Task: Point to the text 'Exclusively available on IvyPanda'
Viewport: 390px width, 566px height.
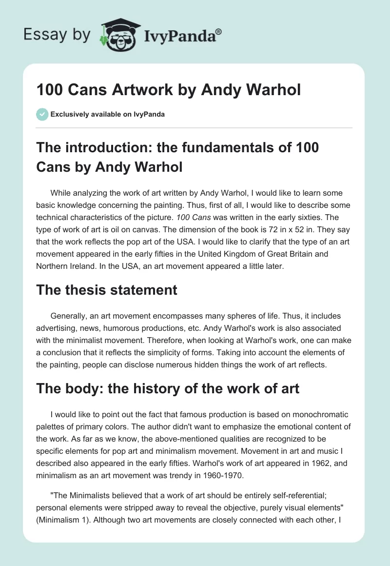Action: point(108,114)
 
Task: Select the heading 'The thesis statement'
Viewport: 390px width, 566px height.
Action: point(107,290)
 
